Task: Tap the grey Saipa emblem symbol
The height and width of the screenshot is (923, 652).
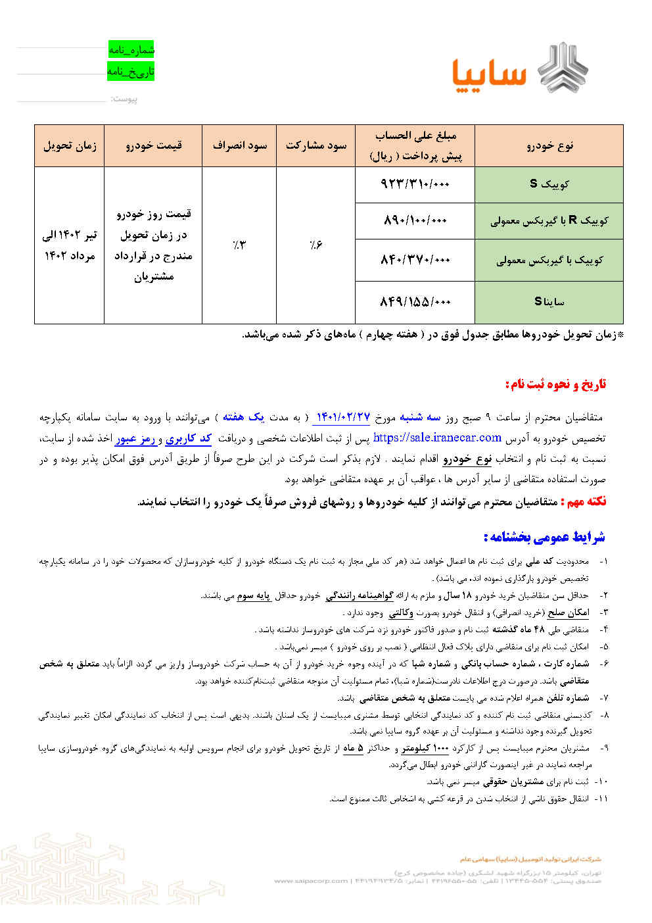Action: pyautogui.click(x=563, y=66)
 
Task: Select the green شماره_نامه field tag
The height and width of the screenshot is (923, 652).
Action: pyautogui.click(x=131, y=49)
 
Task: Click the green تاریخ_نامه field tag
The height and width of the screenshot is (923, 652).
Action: pyautogui.click(x=131, y=71)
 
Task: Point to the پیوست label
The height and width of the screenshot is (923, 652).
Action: pyautogui.click(x=124, y=99)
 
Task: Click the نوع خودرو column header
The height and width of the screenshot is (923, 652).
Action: pyautogui.click(x=549, y=145)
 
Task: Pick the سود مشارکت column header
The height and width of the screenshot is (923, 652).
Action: pyautogui.click(x=315, y=145)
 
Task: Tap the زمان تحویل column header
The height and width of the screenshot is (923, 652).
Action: pyautogui.click(x=69, y=145)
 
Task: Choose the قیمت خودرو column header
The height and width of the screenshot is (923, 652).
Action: pyautogui.click(x=153, y=145)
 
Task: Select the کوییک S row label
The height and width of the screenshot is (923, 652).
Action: pyautogui.click(x=549, y=184)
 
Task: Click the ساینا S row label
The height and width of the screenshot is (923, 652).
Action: pyautogui.click(x=549, y=302)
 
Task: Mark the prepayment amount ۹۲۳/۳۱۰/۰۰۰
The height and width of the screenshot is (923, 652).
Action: pyautogui.click(x=415, y=184)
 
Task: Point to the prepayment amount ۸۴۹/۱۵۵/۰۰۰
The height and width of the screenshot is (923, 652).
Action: pyautogui.click(x=415, y=302)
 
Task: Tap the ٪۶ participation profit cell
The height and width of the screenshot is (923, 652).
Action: pyautogui.click(x=315, y=245)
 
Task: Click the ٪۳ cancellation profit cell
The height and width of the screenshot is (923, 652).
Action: pyautogui.click(x=239, y=245)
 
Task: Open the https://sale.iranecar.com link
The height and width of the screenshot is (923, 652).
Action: pyautogui.click(x=437, y=437)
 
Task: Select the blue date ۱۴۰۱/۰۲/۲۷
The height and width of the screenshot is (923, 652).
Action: pyautogui.click(x=344, y=417)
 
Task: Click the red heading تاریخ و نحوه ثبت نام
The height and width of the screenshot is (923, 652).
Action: pyautogui.click(x=555, y=384)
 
